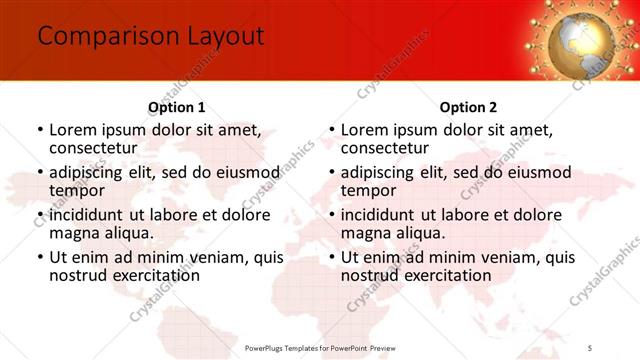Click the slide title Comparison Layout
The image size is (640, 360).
click(x=150, y=37)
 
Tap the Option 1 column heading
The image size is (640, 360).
click(x=177, y=107)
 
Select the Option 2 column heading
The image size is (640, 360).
click(x=468, y=107)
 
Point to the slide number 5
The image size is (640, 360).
click(x=590, y=347)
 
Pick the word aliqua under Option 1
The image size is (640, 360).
click(x=128, y=233)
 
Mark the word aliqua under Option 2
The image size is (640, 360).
click(x=420, y=233)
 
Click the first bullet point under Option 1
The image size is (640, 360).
click(x=40, y=130)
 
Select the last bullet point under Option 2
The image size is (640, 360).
click(x=332, y=257)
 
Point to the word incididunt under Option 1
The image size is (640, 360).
click(x=86, y=214)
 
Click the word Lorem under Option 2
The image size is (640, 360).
click(x=364, y=130)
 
